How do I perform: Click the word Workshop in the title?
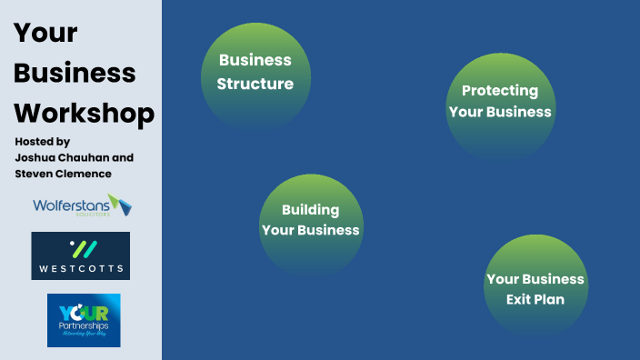pos(84,114)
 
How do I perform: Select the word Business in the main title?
pos(75,73)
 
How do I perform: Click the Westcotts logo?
pos(80,255)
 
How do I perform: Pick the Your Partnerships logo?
pos(84,320)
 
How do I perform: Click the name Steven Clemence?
pos(63,174)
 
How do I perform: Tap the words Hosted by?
pos(42,142)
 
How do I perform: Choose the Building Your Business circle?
pos(311,223)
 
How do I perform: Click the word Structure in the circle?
pos(255,85)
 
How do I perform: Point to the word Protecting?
pos(500,91)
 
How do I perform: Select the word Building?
pos(310,210)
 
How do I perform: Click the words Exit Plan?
pos(535,299)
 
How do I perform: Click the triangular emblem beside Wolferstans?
pos(120,204)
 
